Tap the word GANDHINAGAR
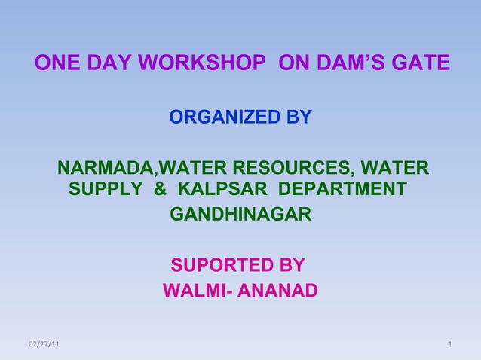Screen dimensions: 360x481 [240, 216]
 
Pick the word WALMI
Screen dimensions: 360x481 [192, 291]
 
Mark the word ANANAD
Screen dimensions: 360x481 [278, 291]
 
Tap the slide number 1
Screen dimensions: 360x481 [449, 345]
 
